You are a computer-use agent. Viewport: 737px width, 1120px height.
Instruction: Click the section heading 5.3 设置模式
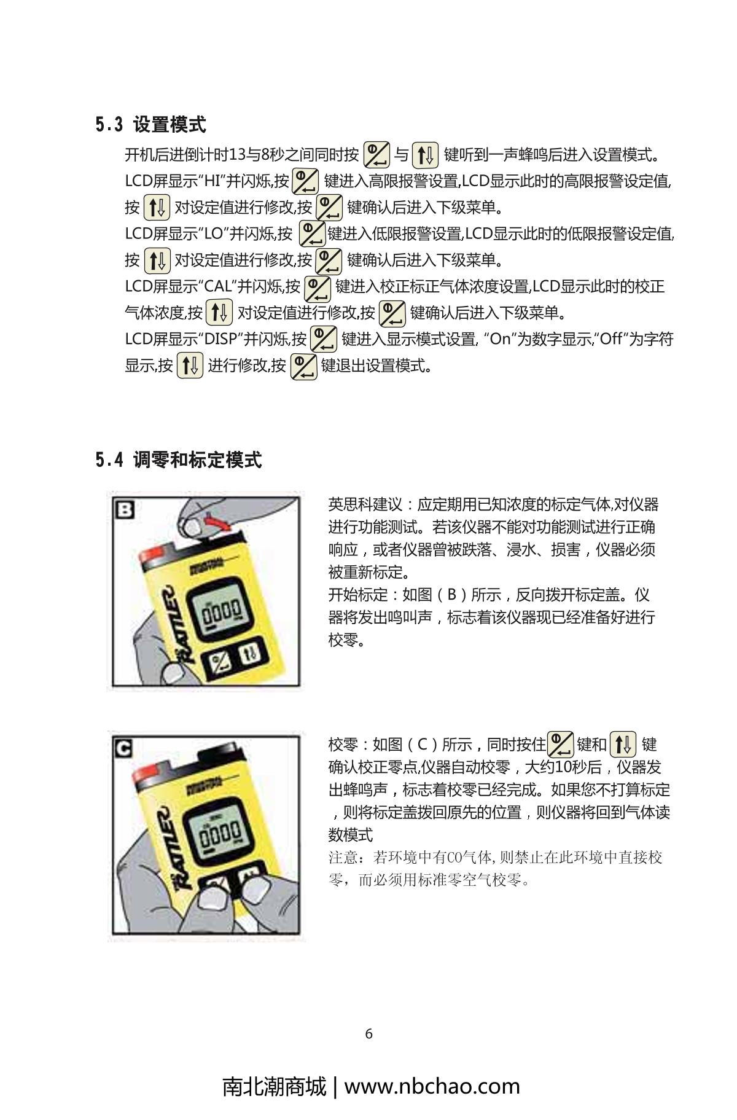pos(150,125)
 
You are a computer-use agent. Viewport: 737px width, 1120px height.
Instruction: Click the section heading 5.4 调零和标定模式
pos(179,460)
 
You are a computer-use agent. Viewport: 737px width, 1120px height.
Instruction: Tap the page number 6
pos(368,1034)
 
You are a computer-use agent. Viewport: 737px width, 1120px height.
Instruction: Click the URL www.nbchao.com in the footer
pos(432,1086)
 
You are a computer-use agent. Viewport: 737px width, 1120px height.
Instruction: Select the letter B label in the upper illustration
pos(125,509)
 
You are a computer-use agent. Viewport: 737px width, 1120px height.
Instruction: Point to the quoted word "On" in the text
pos(500,339)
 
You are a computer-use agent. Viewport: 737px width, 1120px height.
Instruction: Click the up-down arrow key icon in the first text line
pos(424,154)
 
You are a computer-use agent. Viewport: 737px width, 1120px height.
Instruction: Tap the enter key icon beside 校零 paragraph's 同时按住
pos(560,745)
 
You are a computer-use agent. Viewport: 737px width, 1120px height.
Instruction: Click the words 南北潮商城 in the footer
pos(274,1086)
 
